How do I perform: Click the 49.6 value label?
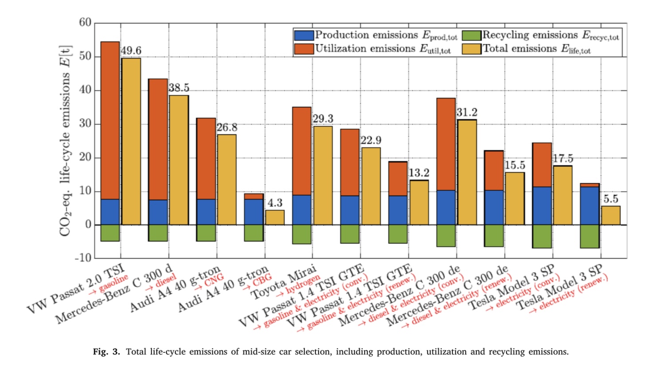131,51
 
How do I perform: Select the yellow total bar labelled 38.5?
179,160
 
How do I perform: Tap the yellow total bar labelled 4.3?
275,217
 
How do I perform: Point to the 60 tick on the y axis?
85,23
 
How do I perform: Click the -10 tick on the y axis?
83,258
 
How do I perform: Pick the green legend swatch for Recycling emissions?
472,35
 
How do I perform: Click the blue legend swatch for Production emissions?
304,35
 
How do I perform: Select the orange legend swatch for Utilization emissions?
304,49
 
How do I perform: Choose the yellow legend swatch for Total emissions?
472,49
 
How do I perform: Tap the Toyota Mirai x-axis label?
284,282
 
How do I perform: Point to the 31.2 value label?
467,113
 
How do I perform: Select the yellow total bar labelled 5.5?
611,215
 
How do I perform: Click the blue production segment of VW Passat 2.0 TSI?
110,212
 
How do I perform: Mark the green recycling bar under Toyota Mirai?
302,234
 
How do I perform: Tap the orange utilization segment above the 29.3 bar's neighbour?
302,151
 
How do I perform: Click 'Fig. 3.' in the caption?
106,352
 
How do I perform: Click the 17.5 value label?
563,158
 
